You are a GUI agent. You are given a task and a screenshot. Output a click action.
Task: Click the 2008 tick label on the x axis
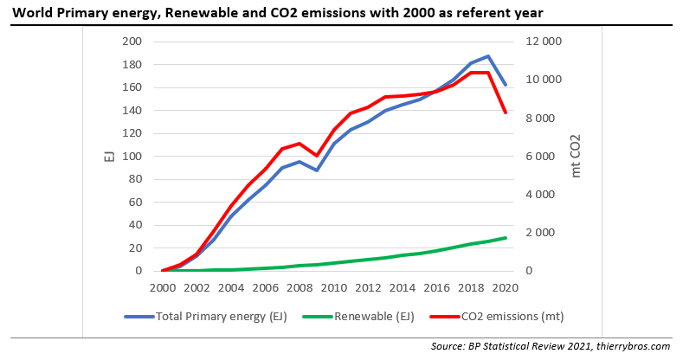(300, 287)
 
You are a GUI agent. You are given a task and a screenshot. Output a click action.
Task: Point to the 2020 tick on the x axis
(506, 287)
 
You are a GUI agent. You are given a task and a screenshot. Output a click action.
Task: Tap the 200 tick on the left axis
(132, 42)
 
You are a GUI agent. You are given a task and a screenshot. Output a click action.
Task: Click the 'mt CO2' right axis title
(577, 157)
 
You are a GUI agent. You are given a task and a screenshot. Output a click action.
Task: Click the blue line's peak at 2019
(488, 56)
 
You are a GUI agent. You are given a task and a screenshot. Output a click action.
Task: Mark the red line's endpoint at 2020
(506, 112)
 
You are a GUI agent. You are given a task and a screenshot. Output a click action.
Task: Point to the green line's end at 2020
(506, 237)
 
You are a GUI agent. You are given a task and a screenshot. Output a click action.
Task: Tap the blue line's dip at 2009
(317, 170)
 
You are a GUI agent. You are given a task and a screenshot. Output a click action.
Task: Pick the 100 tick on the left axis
(132, 157)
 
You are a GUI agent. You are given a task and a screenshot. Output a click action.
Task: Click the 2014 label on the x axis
(403, 287)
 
